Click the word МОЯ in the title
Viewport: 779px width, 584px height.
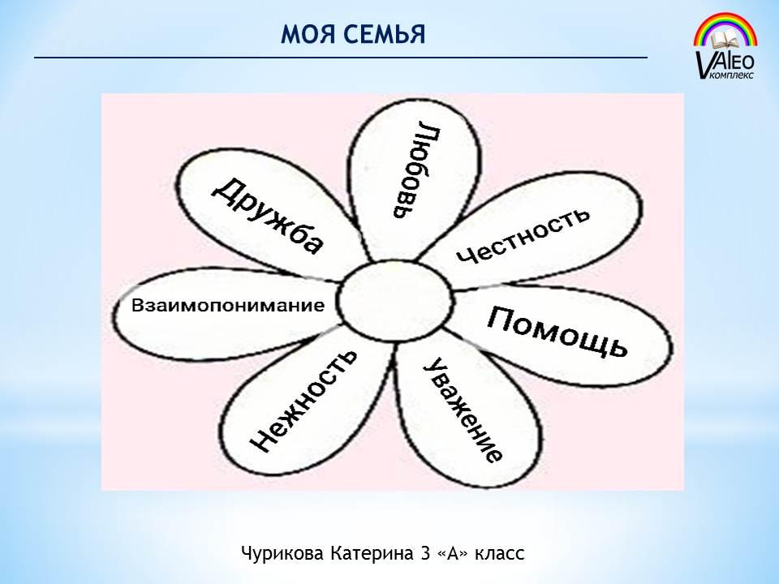coord(303,34)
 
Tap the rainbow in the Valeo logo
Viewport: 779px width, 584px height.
coord(725,29)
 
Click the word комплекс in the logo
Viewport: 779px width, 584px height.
coord(733,75)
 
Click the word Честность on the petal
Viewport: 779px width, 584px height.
coord(523,235)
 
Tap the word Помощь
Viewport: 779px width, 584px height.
coord(557,331)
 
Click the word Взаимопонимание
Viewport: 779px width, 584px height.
coord(228,305)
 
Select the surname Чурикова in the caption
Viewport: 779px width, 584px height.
coord(282,553)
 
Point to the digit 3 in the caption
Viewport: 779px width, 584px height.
coord(425,553)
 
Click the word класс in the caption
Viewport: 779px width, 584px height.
coord(499,554)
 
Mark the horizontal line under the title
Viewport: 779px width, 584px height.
coord(341,58)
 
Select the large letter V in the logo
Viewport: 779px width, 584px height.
coord(704,63)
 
